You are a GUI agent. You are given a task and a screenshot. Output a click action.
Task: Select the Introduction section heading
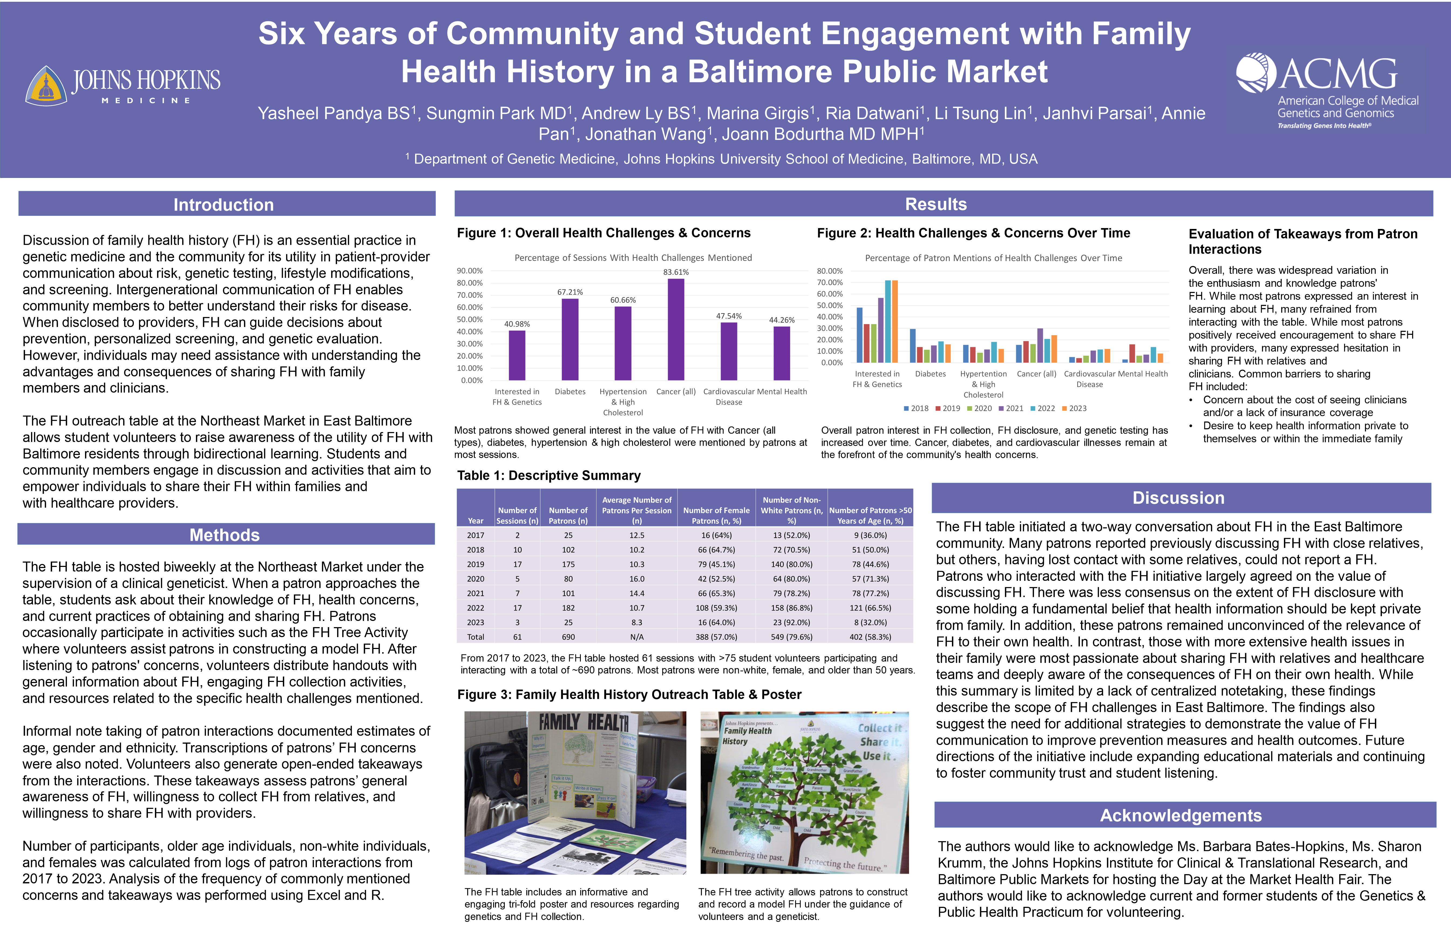(x=223, y=205)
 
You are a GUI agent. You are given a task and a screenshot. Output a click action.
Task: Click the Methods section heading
(x=225, y=535)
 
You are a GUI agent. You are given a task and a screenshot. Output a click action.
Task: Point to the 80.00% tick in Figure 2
(x=830, y=271)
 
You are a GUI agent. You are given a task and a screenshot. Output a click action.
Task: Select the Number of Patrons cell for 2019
(x=568, y=564)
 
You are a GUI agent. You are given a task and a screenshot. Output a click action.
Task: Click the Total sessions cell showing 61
(x=517, y=637)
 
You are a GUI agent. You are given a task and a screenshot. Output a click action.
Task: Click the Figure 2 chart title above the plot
(x=993, y=258)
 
